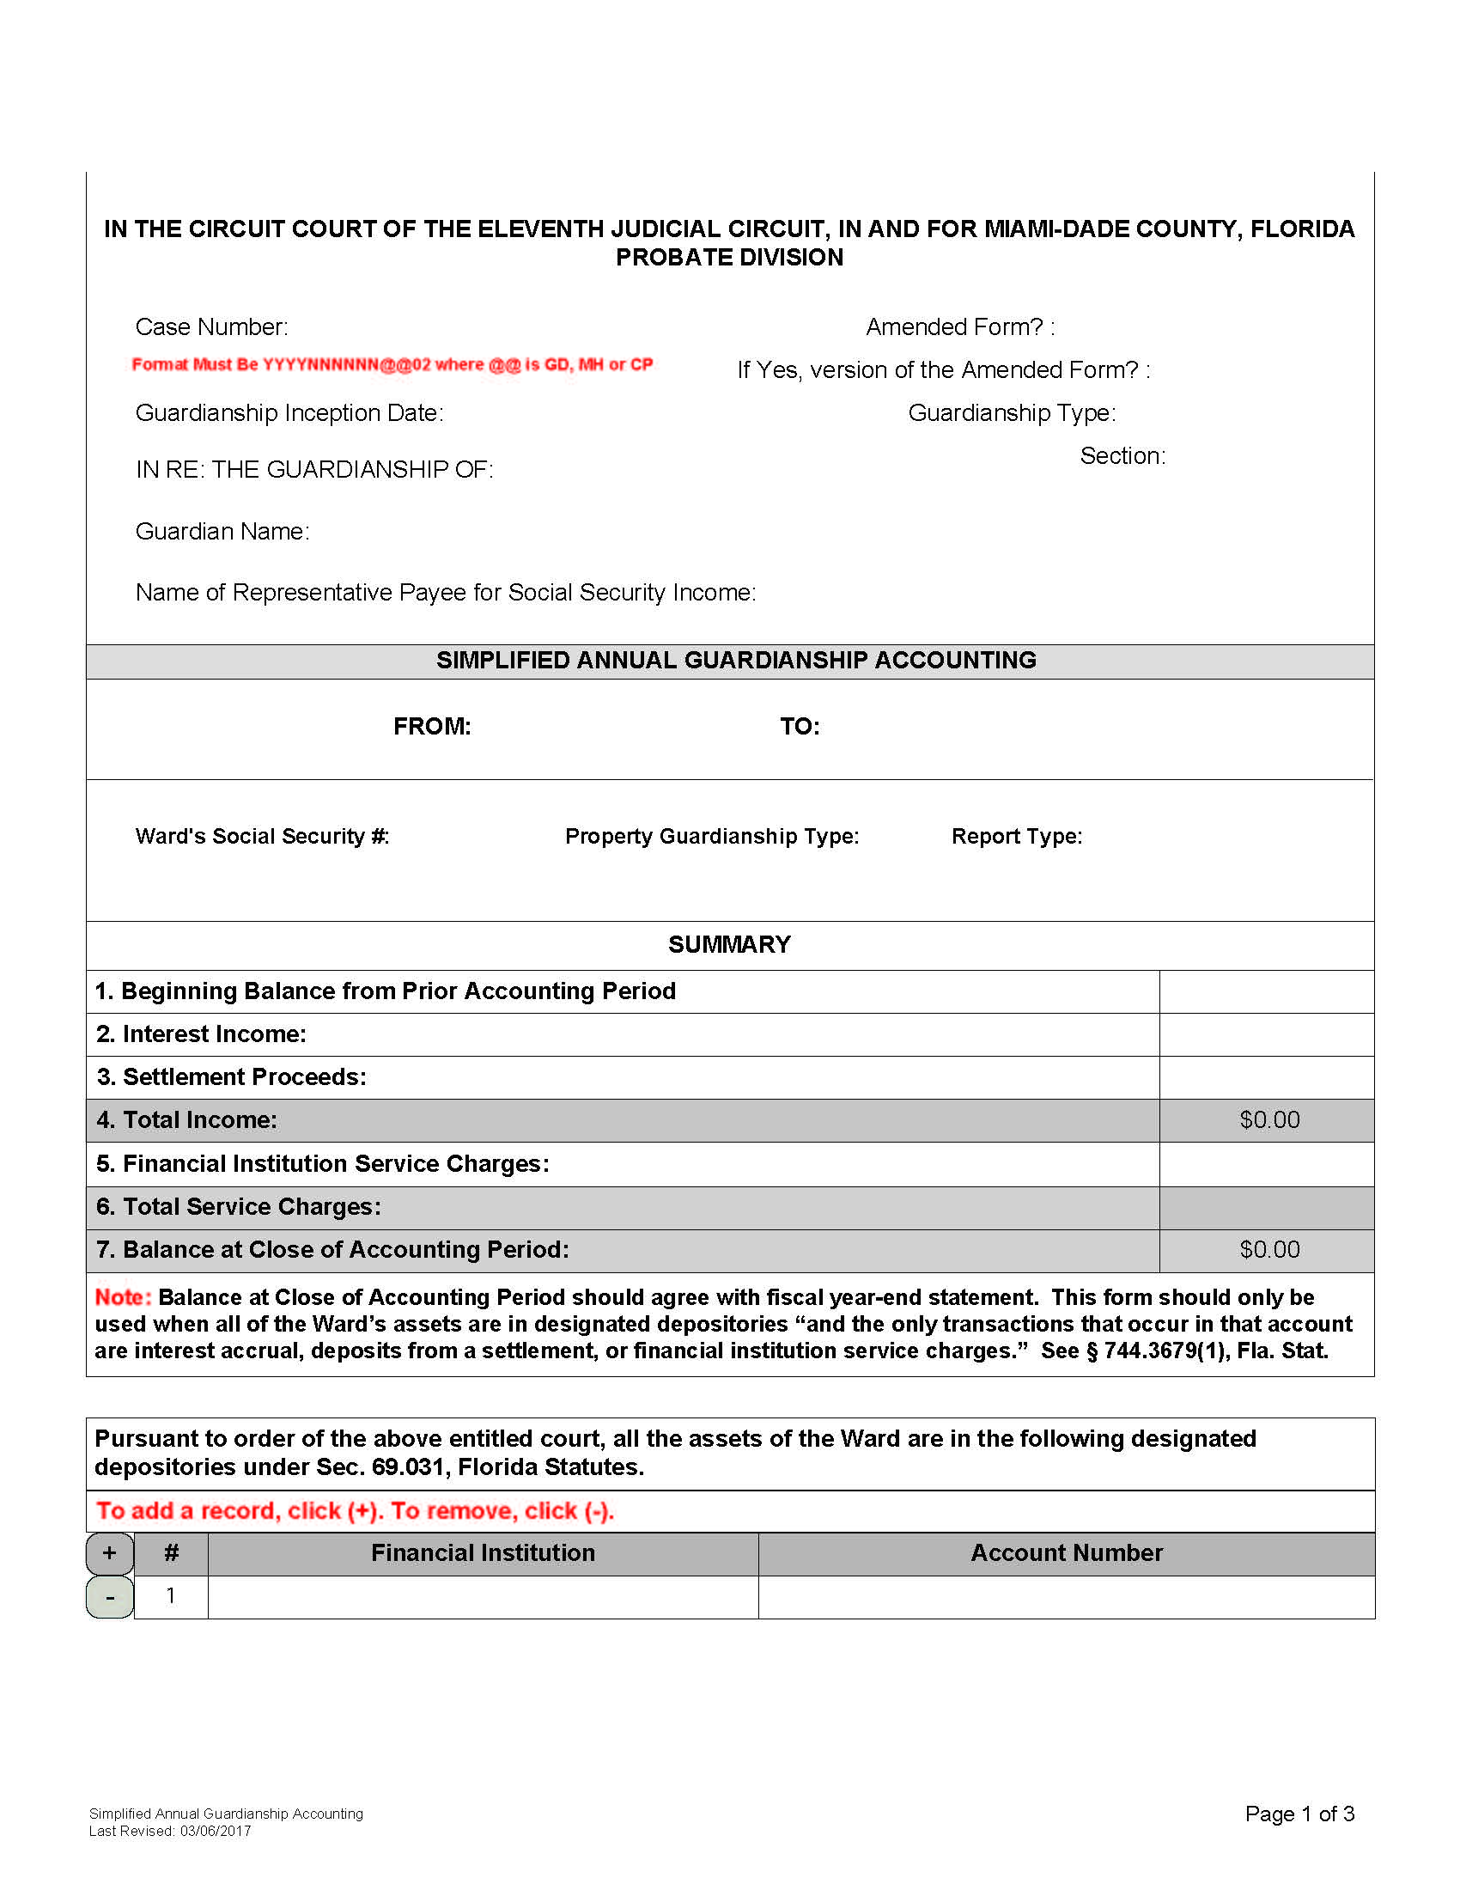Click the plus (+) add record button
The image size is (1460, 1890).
click(110, 1553)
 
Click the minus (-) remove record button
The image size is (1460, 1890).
click(110, 1597)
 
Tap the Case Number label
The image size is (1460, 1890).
click(212, 327)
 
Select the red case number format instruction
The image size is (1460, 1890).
click(392, 364)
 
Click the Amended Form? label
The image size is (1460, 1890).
click(960, 327)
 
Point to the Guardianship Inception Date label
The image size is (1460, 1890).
click(289, 412)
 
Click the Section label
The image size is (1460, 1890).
click(1122, 456)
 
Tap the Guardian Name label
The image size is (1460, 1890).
click(222, 531)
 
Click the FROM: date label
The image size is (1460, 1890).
click(432, 726)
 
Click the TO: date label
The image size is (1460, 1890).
click(800, 726)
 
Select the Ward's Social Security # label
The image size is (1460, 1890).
click(262, 836)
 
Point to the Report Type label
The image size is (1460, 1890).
click(1016, 836)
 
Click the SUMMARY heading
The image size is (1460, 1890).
click(729, 944)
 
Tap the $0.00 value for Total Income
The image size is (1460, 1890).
click(1268, 1119)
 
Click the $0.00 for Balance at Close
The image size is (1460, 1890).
click(1268, 1250)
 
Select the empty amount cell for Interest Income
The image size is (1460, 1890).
click(1265, 1034)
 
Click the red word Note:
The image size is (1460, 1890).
click(123, 1297)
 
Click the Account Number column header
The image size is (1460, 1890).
click(1066, 1552)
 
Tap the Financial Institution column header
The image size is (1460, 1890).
click(483, 1552)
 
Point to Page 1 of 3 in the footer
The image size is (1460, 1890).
click(1299, 1814)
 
